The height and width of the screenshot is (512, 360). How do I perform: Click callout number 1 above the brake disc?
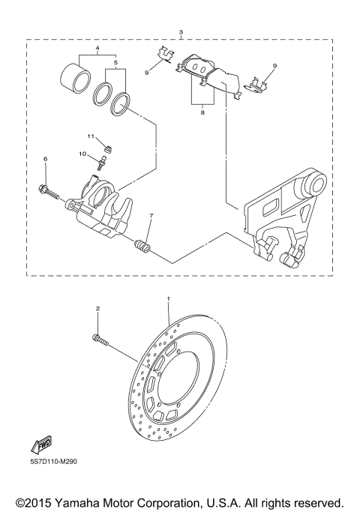(x=169, y=298)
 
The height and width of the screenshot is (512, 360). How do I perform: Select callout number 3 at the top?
(x=181, y=32)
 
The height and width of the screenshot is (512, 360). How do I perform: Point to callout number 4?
(x=97, y=49)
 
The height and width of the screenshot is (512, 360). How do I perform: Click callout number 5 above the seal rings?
(x=115, y=64)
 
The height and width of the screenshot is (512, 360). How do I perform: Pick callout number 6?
(x=45, y=160)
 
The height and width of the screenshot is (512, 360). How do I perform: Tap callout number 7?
(x=151, y=217)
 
